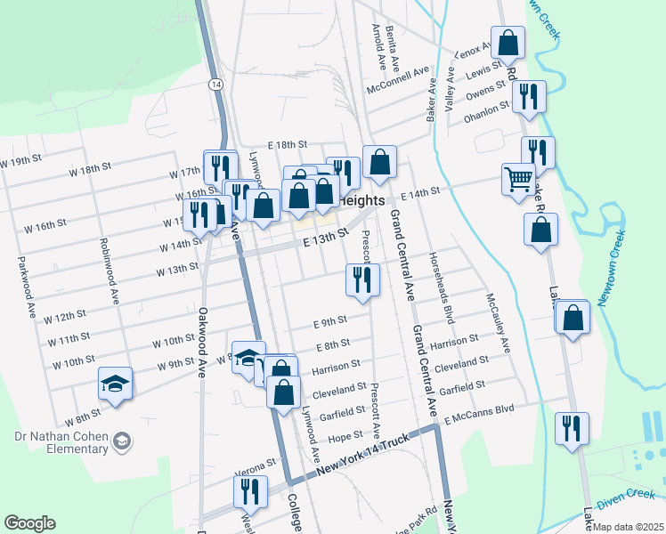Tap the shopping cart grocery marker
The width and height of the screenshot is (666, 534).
click(x=517, y=182)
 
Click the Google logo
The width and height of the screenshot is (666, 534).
click(x=30, y=523)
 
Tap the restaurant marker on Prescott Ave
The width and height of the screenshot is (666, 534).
click(x=362, y=280)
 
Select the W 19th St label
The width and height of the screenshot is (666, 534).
click(x=20, y=163)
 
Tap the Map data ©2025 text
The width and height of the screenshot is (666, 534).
click(x=629, y=527)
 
